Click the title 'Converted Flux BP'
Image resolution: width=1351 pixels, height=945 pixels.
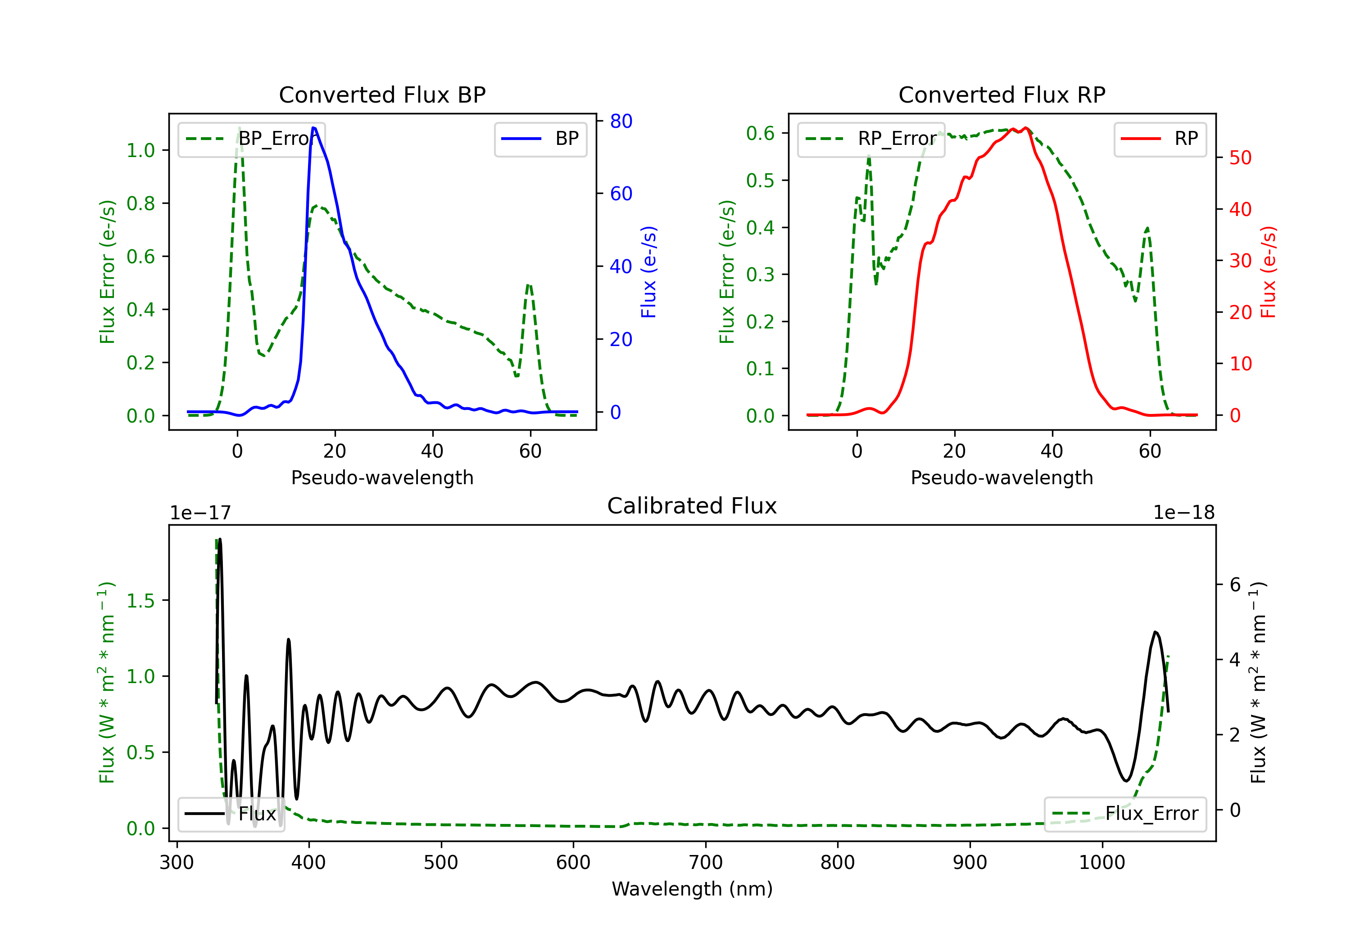pos(382,94)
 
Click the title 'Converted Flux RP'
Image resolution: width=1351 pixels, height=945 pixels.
pos(1002,94)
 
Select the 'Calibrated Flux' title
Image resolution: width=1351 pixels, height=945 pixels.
pos(692,506)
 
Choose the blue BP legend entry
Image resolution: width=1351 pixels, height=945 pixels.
pos(540,139)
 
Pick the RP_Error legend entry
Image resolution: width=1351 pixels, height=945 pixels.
pos(871,139)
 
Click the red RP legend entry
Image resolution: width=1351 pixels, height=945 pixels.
pos(1160,139)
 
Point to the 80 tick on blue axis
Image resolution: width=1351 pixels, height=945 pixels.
pos(621,121)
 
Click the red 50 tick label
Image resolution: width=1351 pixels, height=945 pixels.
pos(1240,157)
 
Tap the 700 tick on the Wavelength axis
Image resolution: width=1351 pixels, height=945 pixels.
pos(706,863)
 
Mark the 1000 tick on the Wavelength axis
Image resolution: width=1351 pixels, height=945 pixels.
pos(1102,863)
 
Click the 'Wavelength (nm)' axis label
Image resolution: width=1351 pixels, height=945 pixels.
pos(692,889)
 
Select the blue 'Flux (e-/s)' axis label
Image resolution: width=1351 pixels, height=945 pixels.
pos(648,272)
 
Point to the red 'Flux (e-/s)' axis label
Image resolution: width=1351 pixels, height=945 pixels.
pos(1268,272)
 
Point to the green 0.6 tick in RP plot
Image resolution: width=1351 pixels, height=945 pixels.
pos(760,134)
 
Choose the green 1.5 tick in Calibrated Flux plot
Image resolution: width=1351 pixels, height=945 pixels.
pos(141,600)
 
